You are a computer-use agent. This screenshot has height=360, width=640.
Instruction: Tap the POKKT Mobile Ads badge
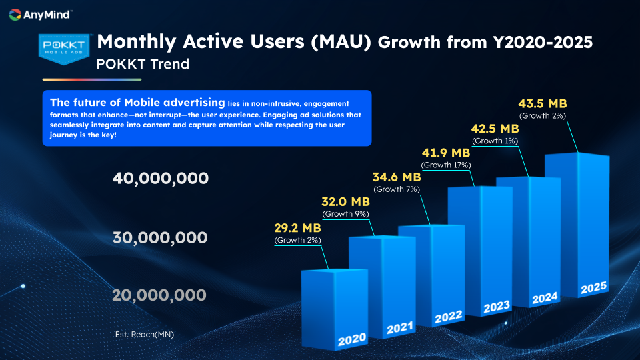63,48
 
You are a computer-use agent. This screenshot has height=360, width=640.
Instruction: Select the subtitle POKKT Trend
143,65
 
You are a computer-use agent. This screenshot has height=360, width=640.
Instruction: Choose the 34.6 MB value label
396,177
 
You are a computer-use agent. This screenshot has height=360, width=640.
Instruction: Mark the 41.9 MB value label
445,153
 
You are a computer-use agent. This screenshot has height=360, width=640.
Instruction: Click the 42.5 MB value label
495,129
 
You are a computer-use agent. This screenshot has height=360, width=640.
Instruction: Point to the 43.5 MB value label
543,103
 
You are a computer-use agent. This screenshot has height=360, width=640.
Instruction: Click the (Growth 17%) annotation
447,165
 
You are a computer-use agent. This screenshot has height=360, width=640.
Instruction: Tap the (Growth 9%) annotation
345,214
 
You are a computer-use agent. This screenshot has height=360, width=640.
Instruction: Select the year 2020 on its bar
351,341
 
